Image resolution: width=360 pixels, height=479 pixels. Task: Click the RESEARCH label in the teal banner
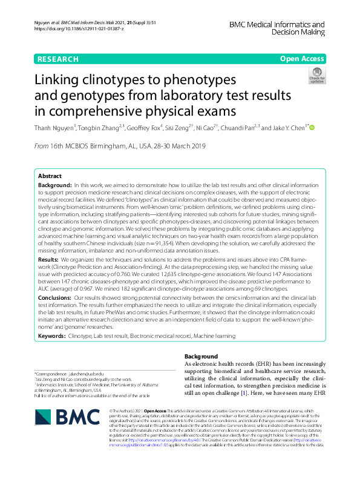pyautogui.click(x=58, y=59)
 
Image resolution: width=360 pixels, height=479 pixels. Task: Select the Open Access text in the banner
pyautogui.click(x=301, y=59)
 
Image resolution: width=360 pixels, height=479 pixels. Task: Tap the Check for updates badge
pyautogui.click(x=316, y=76)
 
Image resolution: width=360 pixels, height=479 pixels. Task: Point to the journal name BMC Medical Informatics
pyautogui.click(x=277, y=25)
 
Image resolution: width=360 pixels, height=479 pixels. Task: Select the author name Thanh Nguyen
pyautogui.click(x=54, y=128)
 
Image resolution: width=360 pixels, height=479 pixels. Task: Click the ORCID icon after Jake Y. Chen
pyautogui.click(x=313, y=128)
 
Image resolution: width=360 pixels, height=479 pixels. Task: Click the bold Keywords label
pyautogui.click(x=52, y=335)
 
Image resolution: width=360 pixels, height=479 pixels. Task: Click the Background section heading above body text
pyautogui.click(x=201, y=357)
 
